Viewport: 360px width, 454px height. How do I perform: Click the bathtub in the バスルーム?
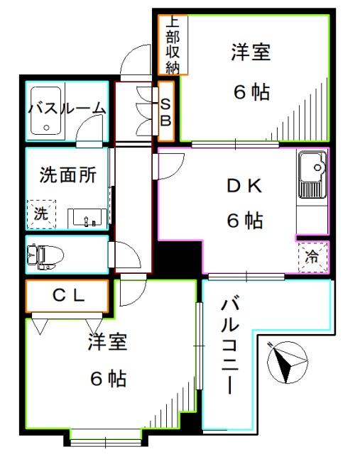pos(45,111)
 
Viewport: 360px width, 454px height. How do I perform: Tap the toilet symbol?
pos(45,255)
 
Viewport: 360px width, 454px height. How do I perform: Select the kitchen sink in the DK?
pos(312,175)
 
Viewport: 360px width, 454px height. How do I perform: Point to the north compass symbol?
pos(288,362)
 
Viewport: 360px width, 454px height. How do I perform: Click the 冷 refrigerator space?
pos(312,257)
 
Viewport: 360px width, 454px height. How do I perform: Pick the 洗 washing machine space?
pos(41,214)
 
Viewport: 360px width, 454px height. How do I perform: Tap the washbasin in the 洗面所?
pos(87,218)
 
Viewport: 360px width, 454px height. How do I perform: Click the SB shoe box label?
pos(165,112)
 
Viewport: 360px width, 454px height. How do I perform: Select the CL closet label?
pos(69,296)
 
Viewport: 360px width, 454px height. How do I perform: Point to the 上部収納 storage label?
pos(173,45)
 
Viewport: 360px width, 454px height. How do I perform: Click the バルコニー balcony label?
pos(230,345)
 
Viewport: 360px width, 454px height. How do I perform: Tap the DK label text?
pos(245,186)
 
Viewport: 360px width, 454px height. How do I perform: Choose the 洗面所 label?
pos(68,175)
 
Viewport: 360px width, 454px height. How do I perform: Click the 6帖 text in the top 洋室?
pos(251,92)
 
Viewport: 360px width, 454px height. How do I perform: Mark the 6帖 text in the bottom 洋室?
pos(108,378)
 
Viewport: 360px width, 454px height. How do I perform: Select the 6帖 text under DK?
pos(245,221)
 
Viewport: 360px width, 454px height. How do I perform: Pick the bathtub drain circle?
pos(46,128)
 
